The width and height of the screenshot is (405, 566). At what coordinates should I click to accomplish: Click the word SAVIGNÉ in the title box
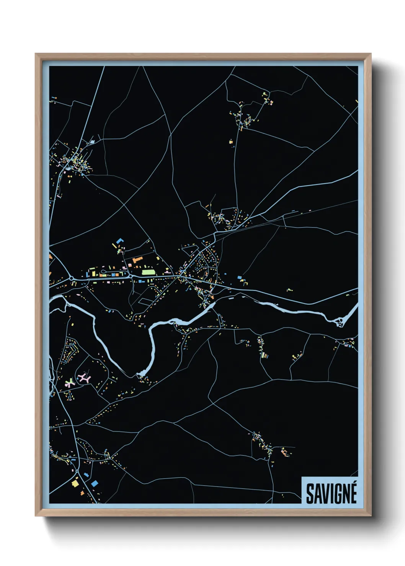tap(331, 494)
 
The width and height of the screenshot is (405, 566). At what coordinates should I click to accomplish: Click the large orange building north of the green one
tap(137, 260)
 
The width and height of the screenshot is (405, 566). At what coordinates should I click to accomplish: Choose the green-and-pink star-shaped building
tap(69, 383)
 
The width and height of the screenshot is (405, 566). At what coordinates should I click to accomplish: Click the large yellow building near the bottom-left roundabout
tap(75, 483)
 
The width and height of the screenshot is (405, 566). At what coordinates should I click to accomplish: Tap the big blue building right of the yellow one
tap(94, 483)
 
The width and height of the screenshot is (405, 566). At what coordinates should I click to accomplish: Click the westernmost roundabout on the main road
tap(71, 278)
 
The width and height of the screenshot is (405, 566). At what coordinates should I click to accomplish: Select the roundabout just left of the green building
tap(130, 276)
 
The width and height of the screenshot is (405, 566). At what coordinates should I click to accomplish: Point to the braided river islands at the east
tap(340, 322)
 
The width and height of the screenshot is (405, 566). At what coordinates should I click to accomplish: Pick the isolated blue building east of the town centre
tap(240, 277)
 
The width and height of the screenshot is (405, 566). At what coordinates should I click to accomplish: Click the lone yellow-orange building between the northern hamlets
tap(231, 142)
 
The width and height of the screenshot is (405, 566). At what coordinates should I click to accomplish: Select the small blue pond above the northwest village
tap(92, 142)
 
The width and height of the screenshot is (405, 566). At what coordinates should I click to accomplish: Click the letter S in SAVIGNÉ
tap(310, 494)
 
